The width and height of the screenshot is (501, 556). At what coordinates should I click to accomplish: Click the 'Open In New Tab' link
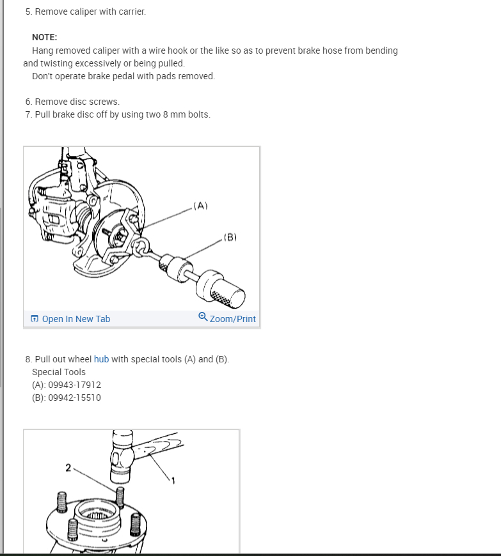click(76, 319)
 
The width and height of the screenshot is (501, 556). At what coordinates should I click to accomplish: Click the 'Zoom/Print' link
click(232, 319)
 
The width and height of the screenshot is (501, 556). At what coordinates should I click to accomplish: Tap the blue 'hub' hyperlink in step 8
click(101, 359)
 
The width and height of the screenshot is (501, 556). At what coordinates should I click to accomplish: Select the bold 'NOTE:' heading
click(44, 37)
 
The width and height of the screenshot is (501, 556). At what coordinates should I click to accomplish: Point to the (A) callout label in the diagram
click(201, 206)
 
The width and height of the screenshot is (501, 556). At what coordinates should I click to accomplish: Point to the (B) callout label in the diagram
click(230, 237)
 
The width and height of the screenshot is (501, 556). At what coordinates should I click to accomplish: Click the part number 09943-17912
click(75, 385)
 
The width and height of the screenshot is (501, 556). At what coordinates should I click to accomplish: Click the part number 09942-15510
click(75, 398)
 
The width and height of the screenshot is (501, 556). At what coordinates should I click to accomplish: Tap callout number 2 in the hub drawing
click(68, 468)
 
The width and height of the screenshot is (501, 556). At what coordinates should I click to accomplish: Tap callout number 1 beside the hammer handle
click(173, 481)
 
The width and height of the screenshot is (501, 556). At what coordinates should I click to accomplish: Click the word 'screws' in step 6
click(106, 102)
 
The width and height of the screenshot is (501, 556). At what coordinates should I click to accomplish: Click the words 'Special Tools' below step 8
click(59, 372)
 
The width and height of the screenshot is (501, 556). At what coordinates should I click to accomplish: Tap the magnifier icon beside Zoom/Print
click(203, 316)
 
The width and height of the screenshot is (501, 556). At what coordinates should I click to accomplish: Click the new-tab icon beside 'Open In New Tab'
click(35, 318)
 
